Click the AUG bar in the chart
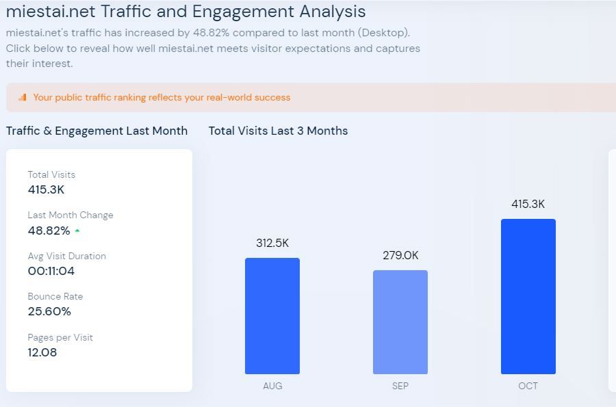click(272, 316)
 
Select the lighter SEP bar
click(400, 322)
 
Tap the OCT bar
click(528, 296)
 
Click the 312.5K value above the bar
click(272, 243)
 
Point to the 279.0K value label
click(400, 255)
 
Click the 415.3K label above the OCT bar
click(528, 204)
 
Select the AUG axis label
click(272, 386)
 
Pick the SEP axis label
click(400, 386)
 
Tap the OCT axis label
click(528, 386)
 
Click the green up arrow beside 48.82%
click(77, 231)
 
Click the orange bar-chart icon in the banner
click(23, 98)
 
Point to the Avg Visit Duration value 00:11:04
click(51, 271)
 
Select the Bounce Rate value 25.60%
click(49, 311)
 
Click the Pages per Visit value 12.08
click(42, 352)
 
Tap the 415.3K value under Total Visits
click(46, 189)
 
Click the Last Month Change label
click(70, 215)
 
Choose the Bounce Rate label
click(55, 296)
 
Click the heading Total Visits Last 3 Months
click(278, 131)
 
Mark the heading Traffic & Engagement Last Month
click(97, 131)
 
